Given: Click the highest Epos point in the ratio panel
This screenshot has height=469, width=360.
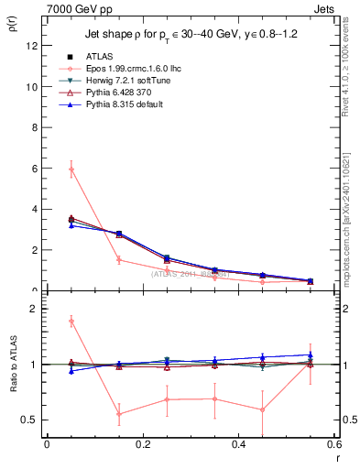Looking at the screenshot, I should [x=71, y=322].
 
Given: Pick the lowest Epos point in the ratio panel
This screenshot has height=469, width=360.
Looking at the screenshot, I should [x=119, y=414].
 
